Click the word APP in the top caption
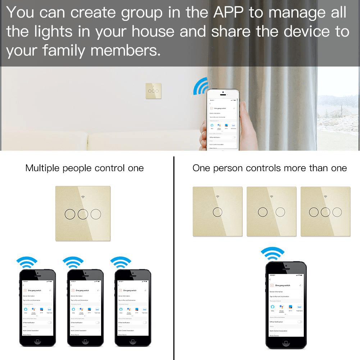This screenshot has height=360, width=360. click(229, 13)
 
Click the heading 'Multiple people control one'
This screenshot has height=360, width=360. click(85, 168)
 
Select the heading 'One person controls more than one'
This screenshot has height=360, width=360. click(269, 168)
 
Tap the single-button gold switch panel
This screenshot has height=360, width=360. click(217, 211)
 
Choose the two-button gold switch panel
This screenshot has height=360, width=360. click(272, 211)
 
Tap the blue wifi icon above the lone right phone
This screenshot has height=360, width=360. click(272, 252)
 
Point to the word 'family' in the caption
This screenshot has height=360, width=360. click(64, 50)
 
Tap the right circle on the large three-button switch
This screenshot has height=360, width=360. click(96, 214)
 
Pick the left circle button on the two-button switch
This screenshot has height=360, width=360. click(263, 212)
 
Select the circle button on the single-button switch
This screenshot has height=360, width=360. click(217, 212)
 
